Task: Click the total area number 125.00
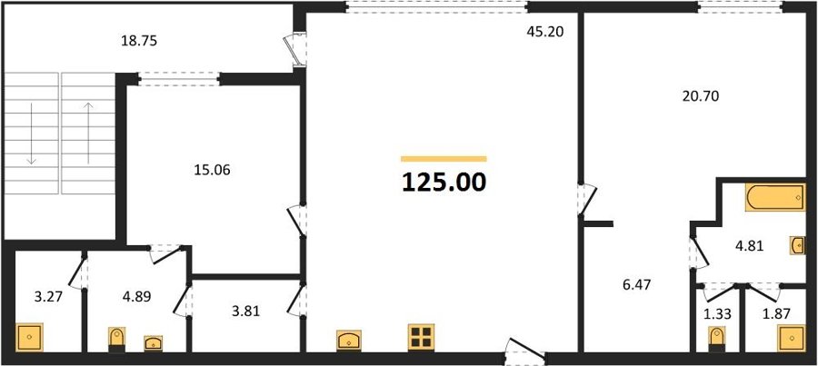(x=444, y=183)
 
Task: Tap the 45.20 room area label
(x=545, y=32)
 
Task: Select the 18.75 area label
(x=139, y=41)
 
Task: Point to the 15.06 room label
(x=211, y=170)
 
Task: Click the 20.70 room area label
(x=701, y=95)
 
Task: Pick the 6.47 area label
(x=635, y=284)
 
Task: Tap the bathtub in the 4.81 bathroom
(x=776, y=197)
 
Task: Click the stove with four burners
(x=421, y=336)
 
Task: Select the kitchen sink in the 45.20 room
(x=350, y=341)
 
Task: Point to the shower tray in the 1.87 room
(x=792, y=338)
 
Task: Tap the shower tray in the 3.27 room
(x=29, y=337)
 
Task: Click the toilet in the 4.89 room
(x=116, y=340)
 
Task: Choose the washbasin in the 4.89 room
(x=154, y=343)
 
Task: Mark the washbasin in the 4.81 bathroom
(x=798, y=245)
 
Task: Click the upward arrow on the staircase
(x=89, y=133)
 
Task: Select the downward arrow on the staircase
(x=31, y=134)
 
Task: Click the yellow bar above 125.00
(x=444, y=159)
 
